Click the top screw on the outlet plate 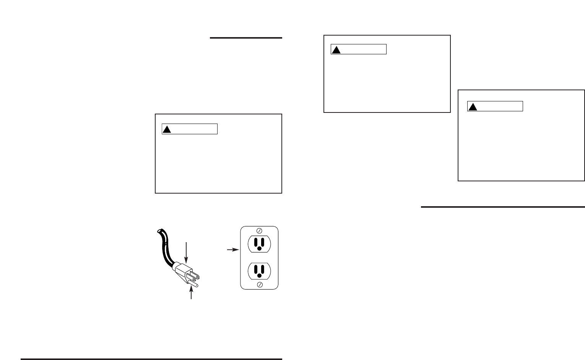pyautogui.click(x=259, y=231)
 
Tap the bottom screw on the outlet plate pyautogui.click(x=259, y=284)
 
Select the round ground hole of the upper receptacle pyautogui.click(x=259, y=248)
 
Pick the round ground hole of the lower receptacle pyautogui.click(x=259, y=275)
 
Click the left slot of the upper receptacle pyautogui.click(x=255, y=241)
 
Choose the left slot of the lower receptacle pyautogui.click(x=255, y=269)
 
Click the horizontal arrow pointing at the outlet pyautogui.click(x=232, y=249)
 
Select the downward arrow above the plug pyautogui.click(x=186, y=253)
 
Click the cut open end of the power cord pyautogui.click(x=159, y=231)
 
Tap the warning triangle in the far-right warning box pyautogui.click(x=473, y=107)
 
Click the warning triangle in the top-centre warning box pyautogui.click(x=336, y=50)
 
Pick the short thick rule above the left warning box pyautogui.click(x=246, y=38)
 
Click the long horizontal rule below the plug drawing pyautogui.click(x=151, y=359)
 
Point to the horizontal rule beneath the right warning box pyautogui.click(x=502, y=207)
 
